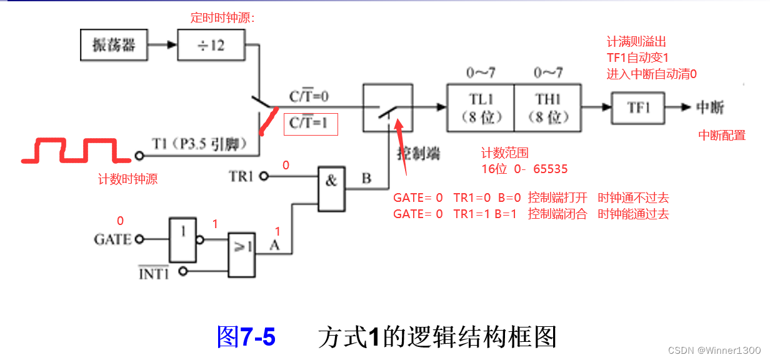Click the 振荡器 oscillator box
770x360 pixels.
[x=114, y=45]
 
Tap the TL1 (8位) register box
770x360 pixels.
[x=480, y=107]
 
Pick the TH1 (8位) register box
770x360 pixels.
[x=548, y=107]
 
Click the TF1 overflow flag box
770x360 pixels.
[x=638, y=107]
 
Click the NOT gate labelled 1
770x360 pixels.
[x=182, y=239]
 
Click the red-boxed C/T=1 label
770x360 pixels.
[x=311, y=124]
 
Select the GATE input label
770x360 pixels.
[x=112, y=239]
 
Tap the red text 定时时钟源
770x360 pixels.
[x=222, y=18]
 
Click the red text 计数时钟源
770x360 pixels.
[x=127, y=179]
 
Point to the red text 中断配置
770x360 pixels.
[x=722, y=135]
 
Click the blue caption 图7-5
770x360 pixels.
[x=246, y=337]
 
